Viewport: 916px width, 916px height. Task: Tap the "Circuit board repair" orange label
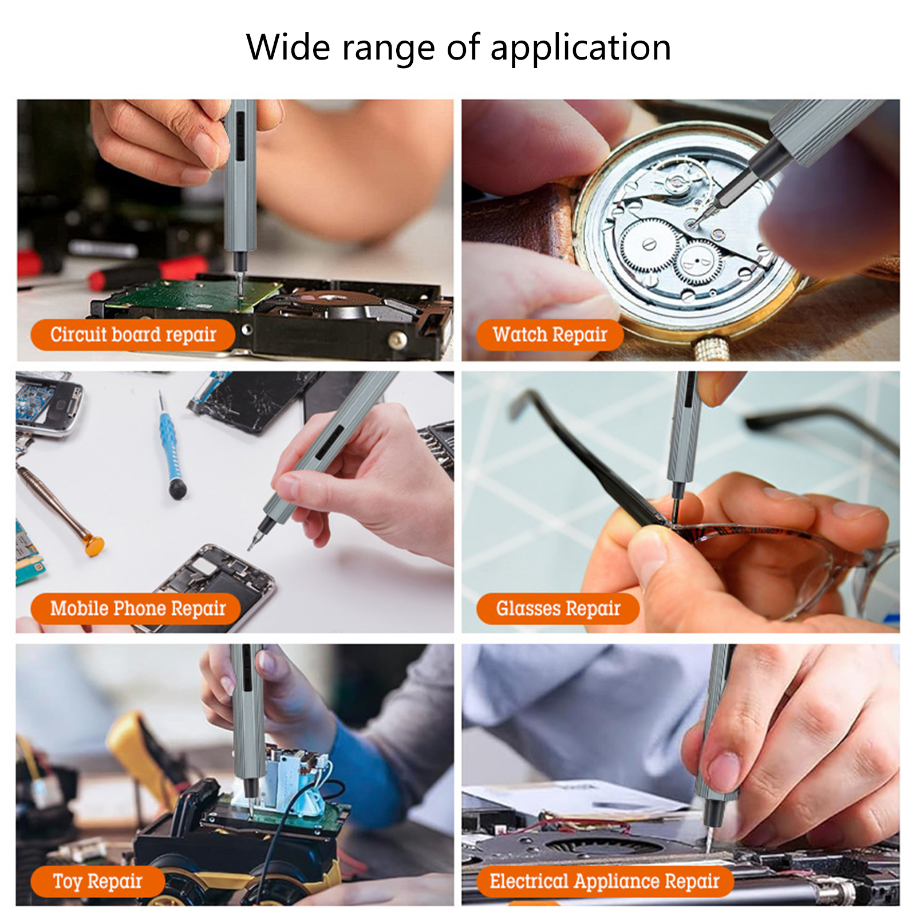pyautogui.click(x=133, y=335)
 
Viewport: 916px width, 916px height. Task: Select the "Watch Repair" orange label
pyautogui.click(x=550, y=335)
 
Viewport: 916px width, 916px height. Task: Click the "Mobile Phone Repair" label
pyautogui.click(x=136, y=608)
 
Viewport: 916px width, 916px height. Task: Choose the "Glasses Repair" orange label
pyautogui.click(x=558, y=608)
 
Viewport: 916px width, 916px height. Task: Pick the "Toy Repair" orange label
pyautogui.click(x=97, y=881)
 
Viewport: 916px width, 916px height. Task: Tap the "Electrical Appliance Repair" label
pyautogui.click(x=605, y=881)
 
